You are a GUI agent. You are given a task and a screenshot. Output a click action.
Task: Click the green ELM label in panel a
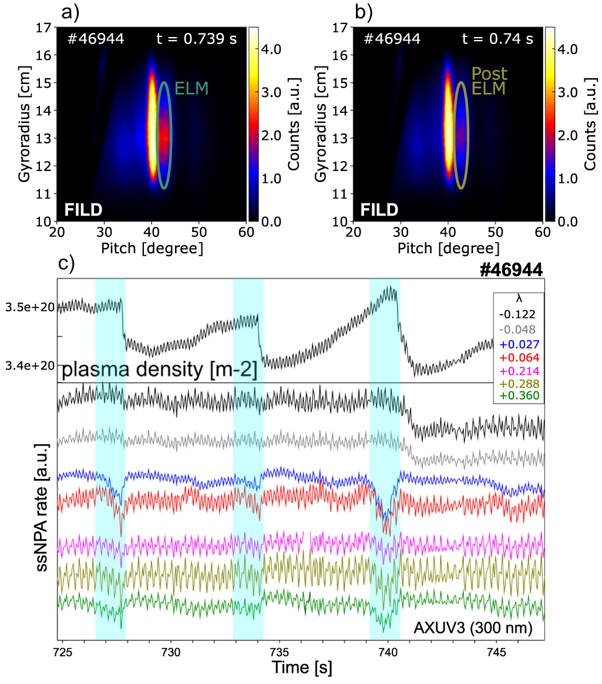coord(192,89)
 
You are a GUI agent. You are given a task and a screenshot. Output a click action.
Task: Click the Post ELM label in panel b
coord(489,82)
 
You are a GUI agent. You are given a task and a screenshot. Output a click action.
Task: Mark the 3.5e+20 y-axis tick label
coord(29,307)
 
